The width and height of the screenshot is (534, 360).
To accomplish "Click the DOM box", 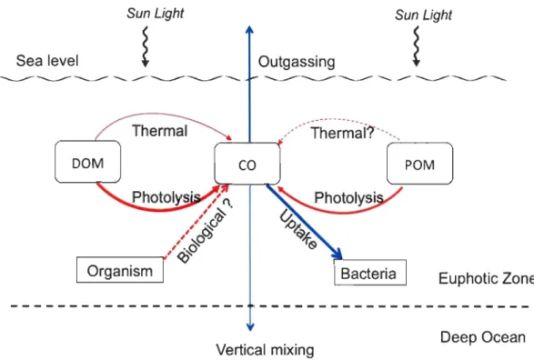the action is click(88, 162).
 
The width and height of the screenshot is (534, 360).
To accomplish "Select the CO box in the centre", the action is click(247, 164).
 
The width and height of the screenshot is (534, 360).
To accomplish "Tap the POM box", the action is click(420, 164).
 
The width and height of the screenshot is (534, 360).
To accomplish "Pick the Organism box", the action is click(120, 270).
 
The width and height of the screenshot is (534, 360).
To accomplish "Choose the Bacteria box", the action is click(370, 273).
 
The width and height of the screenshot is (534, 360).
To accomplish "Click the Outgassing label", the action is click(297, 62).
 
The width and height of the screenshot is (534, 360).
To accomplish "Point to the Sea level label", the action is click(47, 61).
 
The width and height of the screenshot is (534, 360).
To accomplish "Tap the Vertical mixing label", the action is click(265, 350).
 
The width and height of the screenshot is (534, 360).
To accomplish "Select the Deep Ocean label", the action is click(482, 337).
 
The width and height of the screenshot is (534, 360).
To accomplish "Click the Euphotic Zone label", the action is click(487, 278).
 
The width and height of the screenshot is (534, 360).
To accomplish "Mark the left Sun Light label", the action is click(156, 14).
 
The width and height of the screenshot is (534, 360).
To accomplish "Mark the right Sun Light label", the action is click(423, 15).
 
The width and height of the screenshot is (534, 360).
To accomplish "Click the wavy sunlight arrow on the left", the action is click(146, 46).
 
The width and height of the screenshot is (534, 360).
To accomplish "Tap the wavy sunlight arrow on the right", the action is click(416, 46).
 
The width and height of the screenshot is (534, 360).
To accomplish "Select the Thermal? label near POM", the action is click(342, 133).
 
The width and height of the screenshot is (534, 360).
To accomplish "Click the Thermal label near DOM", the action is click(160, 131).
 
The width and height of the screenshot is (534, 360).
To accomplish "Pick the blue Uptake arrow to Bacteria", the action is click(304, 222).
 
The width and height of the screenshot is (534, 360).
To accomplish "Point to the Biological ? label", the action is click(206, 231).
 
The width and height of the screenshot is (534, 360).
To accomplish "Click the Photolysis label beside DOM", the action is click(166, 197).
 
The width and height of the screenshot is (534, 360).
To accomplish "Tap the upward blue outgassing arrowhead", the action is click(249, 30).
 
